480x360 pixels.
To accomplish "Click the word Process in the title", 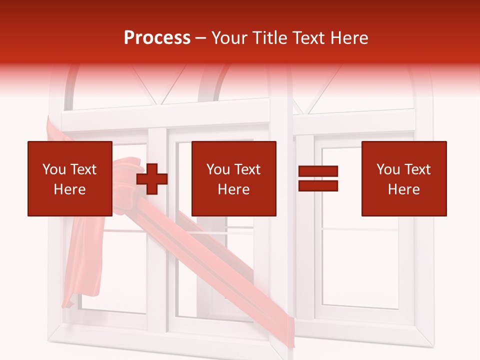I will pos(157,38).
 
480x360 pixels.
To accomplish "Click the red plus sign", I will pos(152,178).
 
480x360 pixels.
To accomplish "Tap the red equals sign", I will pos(318,178).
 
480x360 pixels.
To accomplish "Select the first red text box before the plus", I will pos(69,178).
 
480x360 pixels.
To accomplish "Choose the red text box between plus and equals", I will pos(233,178).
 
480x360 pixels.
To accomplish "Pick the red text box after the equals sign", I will pos(403,178).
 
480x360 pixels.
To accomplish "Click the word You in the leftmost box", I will pos(53,169).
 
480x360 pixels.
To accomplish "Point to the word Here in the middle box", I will pos(233,189).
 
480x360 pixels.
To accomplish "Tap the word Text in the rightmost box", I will pos(417,169).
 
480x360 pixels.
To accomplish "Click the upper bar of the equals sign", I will pos(318,171).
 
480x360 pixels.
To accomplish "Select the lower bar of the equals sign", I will pos(318,185).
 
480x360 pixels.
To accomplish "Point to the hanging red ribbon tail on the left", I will pos(80,260).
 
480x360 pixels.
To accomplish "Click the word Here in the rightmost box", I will pos(403,189).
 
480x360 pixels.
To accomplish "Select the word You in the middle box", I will pos(217,169).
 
